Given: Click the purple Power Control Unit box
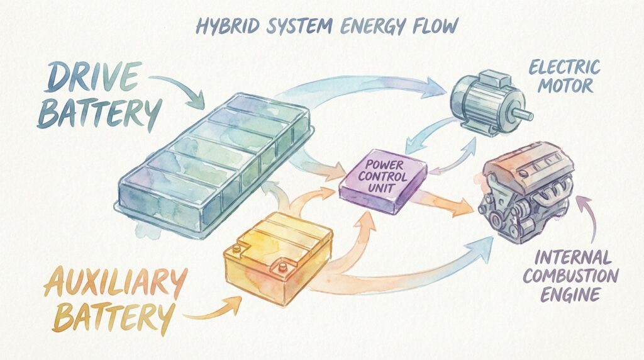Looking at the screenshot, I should [382, 183].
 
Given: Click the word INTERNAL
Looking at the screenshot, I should [564, 257].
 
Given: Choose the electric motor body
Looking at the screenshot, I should [478, 104].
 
